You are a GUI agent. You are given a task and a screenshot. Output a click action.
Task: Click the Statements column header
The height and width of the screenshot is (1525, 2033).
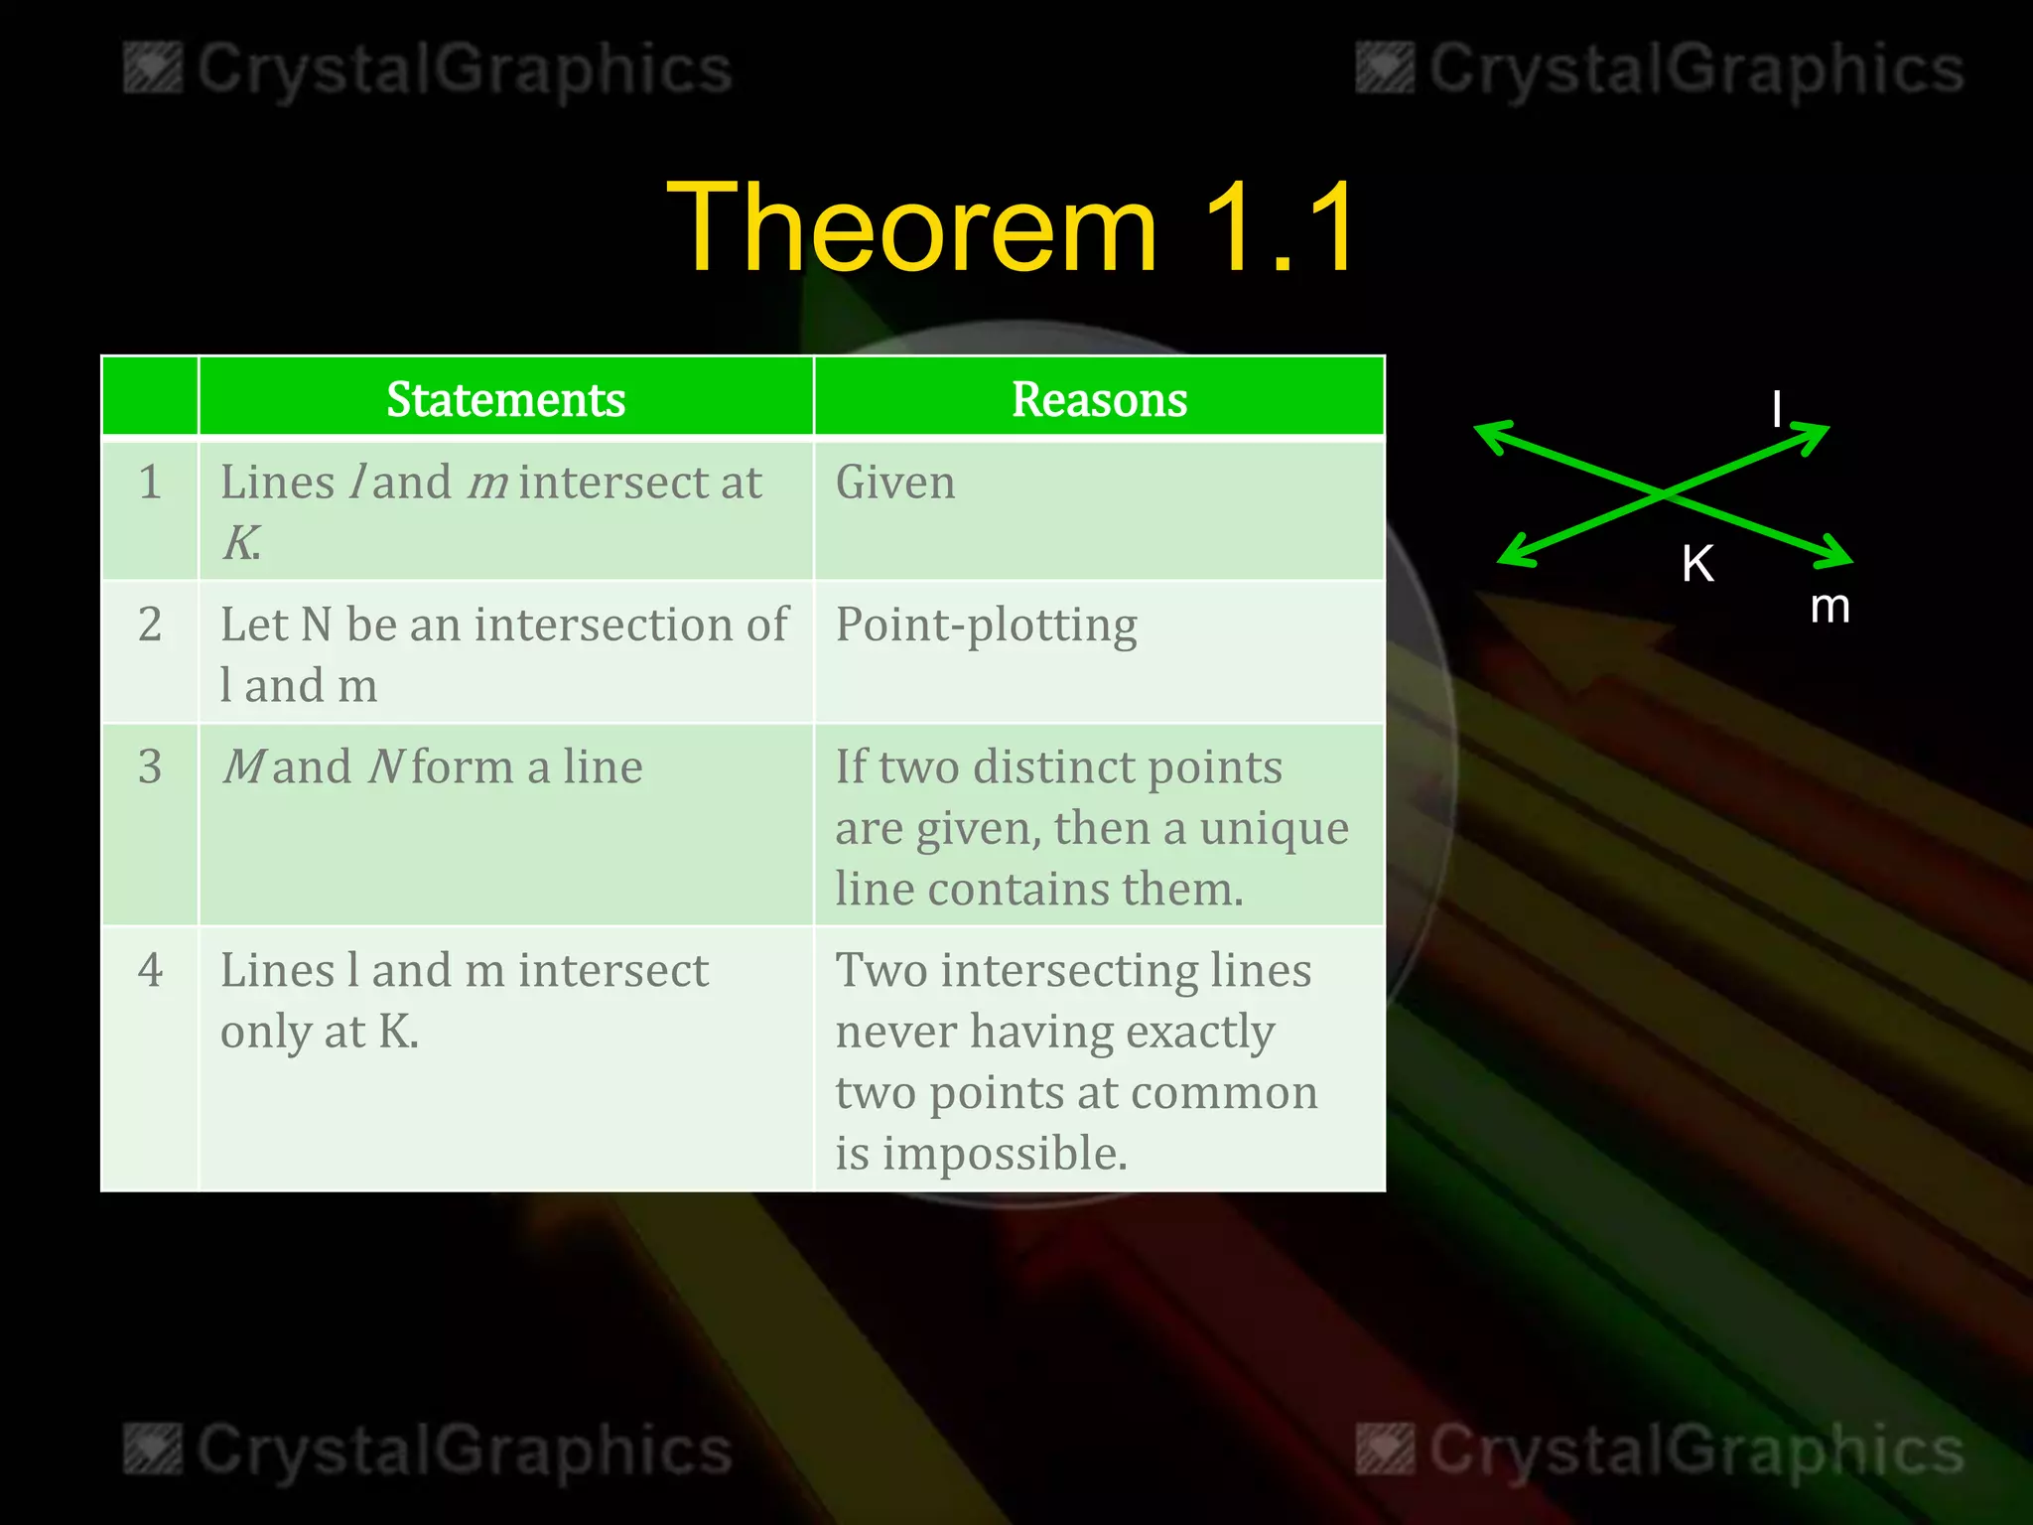505,399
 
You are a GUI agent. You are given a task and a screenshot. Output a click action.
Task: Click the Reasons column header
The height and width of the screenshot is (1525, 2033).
1099,399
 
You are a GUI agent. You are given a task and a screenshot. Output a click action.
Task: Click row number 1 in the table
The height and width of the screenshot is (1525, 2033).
150,483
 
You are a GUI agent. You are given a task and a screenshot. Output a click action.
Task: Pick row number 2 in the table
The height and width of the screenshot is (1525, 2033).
150,625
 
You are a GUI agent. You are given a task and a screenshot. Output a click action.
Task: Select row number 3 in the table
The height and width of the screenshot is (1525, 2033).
150,767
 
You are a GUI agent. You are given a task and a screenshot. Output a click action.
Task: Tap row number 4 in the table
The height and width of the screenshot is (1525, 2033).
150,970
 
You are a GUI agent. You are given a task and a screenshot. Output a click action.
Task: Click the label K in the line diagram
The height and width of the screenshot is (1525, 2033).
1697,564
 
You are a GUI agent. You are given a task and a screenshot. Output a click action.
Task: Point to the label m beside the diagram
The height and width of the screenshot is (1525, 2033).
1830,606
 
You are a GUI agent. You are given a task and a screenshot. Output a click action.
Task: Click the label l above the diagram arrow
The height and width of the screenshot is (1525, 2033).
1777,409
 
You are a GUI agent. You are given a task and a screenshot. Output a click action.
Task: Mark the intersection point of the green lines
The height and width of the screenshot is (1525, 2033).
1666,492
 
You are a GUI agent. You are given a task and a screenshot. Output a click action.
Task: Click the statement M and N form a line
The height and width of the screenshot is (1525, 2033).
432,767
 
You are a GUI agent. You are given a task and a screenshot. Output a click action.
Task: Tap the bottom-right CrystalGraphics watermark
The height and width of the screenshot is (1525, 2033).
1660,1450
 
